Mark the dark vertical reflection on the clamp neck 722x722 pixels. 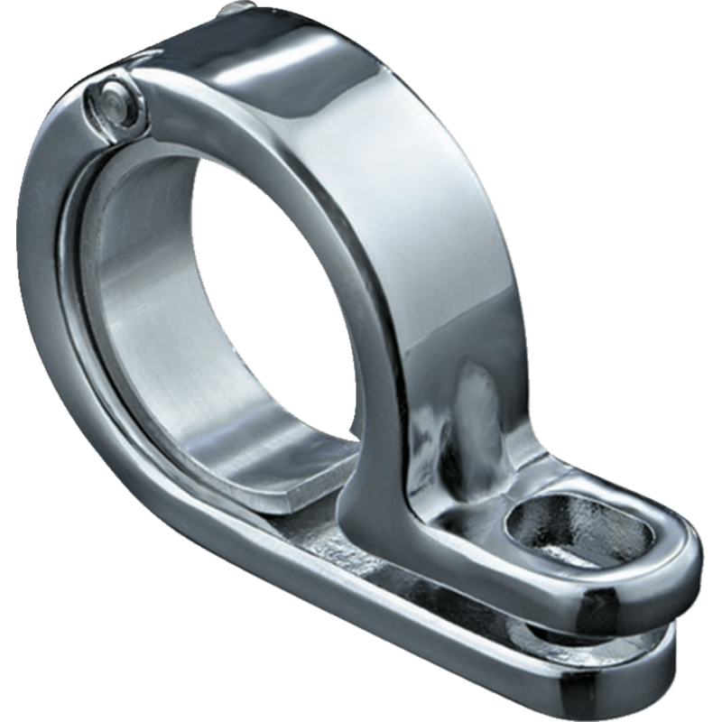(469, 406)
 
